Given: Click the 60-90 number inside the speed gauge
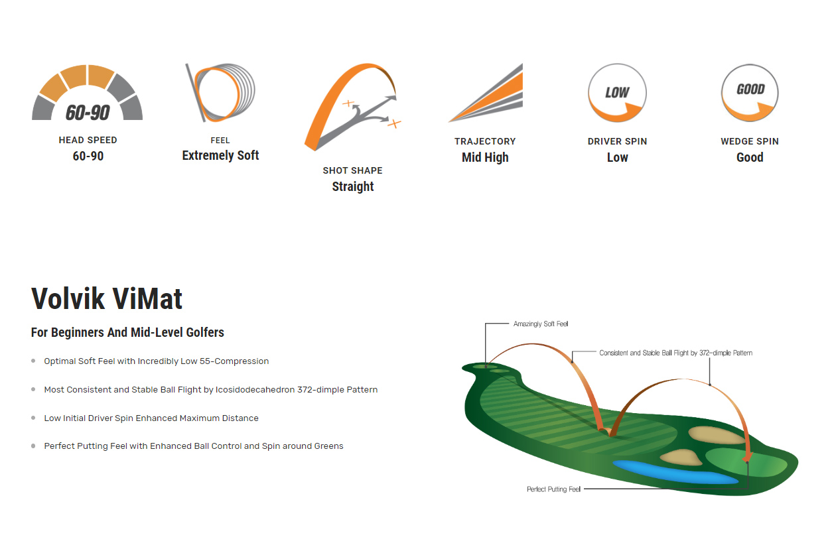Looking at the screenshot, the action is coord(88,113).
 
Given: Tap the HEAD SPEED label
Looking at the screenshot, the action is coord(88,140).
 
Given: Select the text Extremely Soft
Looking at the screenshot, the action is coord(220,156).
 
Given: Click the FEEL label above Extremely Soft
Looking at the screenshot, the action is coord(220,141).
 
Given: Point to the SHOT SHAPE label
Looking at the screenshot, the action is coord(353,170).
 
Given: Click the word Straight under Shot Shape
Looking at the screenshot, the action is coord(353,186).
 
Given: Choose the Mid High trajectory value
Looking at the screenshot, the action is coord(485,157).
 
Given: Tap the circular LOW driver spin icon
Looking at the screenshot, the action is coord(617,92).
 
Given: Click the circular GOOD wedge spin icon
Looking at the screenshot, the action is coord(750,92).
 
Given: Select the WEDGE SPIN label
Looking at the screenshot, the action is coord(750,141).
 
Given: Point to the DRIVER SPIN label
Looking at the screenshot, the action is coord(617,141).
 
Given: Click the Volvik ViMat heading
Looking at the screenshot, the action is coord(107,298).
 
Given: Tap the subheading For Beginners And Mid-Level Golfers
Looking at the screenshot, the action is coord(127,332).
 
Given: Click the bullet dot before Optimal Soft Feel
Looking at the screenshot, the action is coord(33,361).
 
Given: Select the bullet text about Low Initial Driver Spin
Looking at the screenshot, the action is coord(151,418).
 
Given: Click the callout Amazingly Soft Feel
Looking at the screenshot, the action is coord(541,324).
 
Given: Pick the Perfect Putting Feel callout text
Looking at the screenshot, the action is coord(553,489).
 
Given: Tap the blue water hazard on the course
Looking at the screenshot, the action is coord(675,472).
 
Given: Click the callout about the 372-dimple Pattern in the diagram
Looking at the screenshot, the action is coord(676,353).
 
